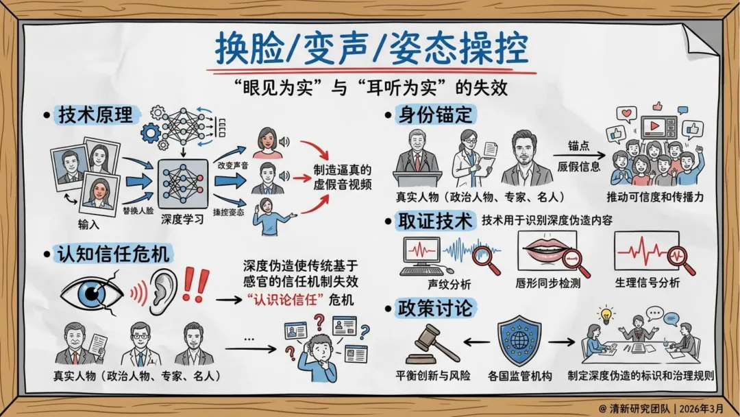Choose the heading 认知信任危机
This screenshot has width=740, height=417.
point(114,254)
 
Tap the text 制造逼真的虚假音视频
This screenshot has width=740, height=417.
point(343,176)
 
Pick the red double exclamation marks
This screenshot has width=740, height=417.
point(197,285)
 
